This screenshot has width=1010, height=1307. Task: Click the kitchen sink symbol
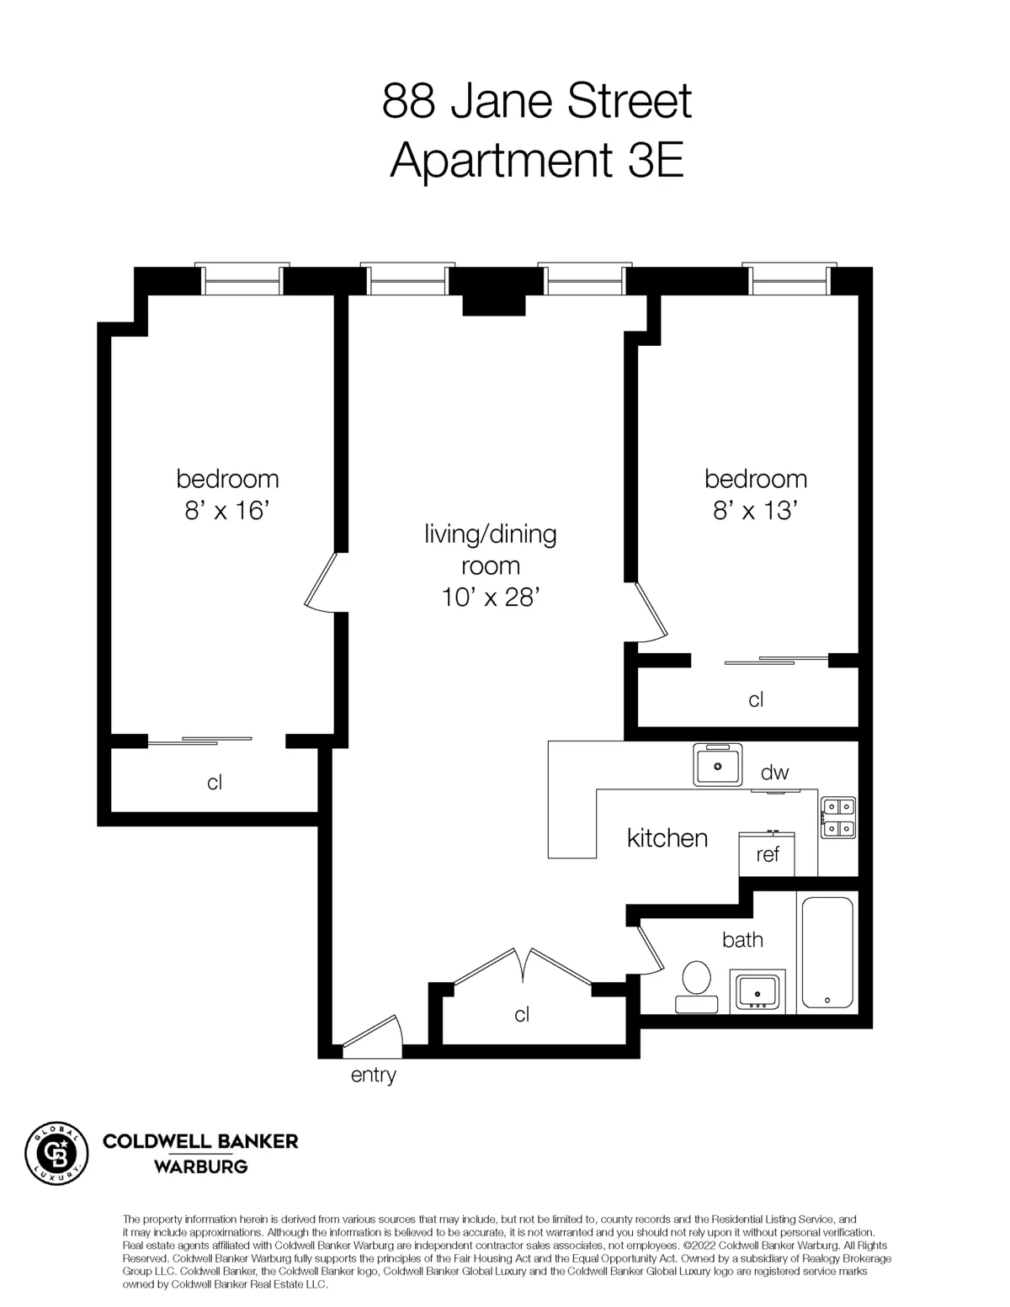(x=717, y=764)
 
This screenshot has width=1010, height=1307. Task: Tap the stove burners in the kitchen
(x=837, y=817)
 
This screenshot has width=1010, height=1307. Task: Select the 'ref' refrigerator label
(x=768, y=855)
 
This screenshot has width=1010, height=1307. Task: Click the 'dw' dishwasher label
(x=774, y=773)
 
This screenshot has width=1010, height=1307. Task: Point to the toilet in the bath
(x=696, y=986)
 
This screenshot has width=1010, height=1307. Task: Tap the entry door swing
(x=375, y=1033)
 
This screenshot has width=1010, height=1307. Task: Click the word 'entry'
(x=373, y=1075)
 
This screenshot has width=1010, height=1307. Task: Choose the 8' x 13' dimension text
(x=755, y=510)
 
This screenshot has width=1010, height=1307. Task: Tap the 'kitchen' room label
(x=667, y=838)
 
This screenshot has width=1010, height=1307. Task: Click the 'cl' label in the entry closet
(x=522, y=1015)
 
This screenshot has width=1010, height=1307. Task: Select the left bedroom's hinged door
(x=322, y=581)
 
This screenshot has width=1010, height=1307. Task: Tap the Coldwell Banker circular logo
(x=56, y=1153)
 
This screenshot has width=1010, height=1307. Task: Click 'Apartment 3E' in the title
(x=536, y=160)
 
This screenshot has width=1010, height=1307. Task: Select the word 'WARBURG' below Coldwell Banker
(x=199, y=1166)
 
